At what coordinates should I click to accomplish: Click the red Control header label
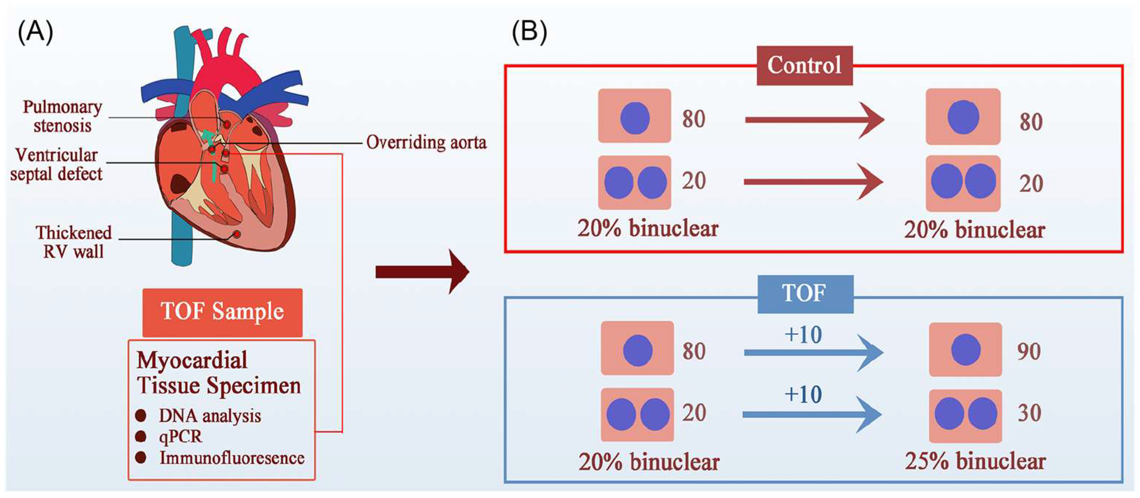[x=804, y=65]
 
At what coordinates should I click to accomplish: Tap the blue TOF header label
[x=805, y=294]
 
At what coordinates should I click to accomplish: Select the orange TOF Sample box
[x=222, y=312]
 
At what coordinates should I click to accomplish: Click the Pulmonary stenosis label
[x=62, y=116]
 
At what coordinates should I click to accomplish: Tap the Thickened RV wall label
[x=73, y=242]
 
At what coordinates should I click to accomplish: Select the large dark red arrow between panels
[x=422, y=272]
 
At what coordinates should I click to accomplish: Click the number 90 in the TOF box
[x=1028, y=352]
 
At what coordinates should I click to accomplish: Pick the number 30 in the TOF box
[x=1029, y=413]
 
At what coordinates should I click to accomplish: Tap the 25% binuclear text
[x=975, y=461]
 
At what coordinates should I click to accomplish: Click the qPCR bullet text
[x=180, y=436]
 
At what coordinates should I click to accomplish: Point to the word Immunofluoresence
[x=232, y=458]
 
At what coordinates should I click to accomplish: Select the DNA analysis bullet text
[x=210, y=416]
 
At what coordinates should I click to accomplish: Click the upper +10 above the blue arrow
[x=803, y=335]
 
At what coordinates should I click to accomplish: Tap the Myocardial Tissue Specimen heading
[x=219, y=373]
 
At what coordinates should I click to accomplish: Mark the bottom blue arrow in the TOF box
[x=812, y=414]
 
